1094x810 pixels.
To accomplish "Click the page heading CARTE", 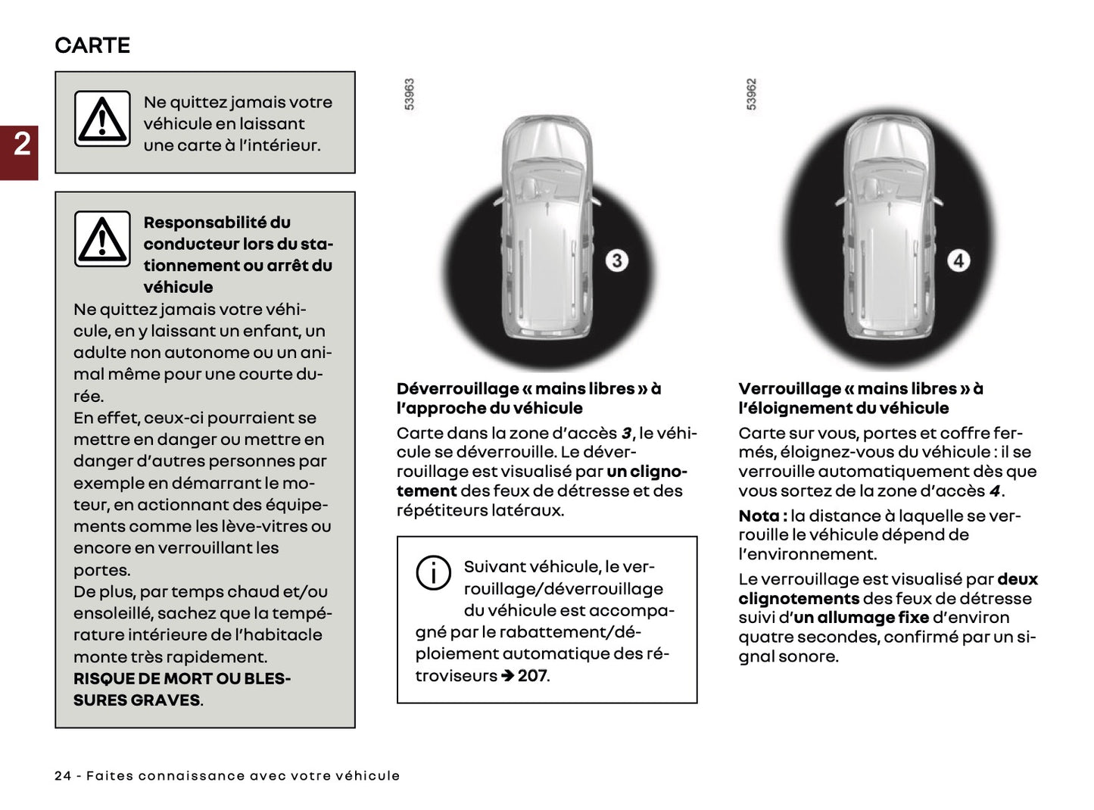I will point(92,45).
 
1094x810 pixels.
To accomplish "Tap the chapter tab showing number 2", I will point(20,144).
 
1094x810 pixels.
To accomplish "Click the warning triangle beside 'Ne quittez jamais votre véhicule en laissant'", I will point(102,119).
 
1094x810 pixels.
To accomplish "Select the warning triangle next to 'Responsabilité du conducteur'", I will point(102,239).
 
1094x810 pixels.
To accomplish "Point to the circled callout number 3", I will point(616,261).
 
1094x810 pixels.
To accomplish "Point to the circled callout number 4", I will point(958,261).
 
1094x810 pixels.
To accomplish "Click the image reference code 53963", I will point(410,95).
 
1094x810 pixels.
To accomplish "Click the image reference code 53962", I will point(751,95).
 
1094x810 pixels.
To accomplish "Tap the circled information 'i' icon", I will point(433,573).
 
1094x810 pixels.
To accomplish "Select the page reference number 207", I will point(532,675).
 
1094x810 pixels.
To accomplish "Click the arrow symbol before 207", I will point(507,675).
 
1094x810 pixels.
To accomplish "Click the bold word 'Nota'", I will point(759,516).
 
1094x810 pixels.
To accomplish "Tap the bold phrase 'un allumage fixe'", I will point(862,618).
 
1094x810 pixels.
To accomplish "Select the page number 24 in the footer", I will point(63,776).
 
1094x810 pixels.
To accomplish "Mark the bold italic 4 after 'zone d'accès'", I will point(995,491).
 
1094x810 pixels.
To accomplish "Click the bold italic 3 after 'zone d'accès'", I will point(626,434).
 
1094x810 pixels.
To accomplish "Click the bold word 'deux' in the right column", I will point(1017,580).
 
